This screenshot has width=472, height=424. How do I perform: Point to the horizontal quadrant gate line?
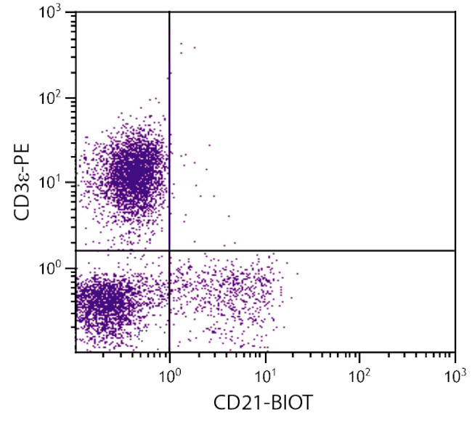pos(327,250)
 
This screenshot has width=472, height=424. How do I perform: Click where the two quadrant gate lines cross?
pos(169,250)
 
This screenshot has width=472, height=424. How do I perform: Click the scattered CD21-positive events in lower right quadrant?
pos(232,287)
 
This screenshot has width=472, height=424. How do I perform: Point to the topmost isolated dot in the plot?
pos(180,44)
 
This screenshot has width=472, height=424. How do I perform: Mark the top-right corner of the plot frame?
pos(455,12)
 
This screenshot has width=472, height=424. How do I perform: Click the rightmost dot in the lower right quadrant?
pos(296,274)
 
